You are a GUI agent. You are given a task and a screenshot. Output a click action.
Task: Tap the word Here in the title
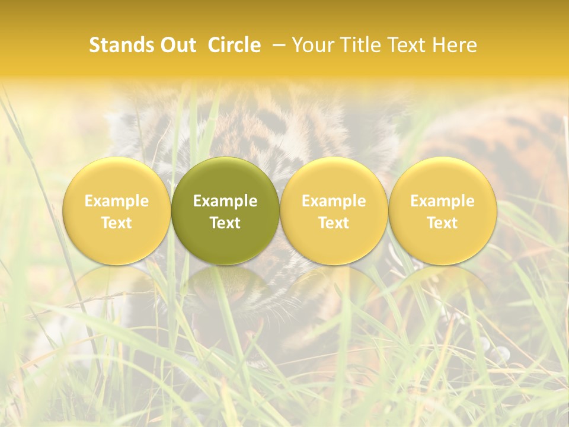[455, 45]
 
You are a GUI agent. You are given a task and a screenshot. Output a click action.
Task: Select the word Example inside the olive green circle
[225, 201]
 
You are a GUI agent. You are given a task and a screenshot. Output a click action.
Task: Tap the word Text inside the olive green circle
[225, 223]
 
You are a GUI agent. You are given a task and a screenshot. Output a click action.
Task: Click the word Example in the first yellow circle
[117, 201]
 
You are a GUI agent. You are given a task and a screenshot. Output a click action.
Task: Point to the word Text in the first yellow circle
[117, 223]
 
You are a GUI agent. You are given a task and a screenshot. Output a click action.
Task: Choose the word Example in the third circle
[334, 201]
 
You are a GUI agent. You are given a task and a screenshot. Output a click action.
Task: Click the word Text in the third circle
[334, 223]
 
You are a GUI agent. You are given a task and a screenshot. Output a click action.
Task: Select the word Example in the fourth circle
[442, 201]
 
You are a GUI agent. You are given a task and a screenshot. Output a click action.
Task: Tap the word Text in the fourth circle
[442, 223]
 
